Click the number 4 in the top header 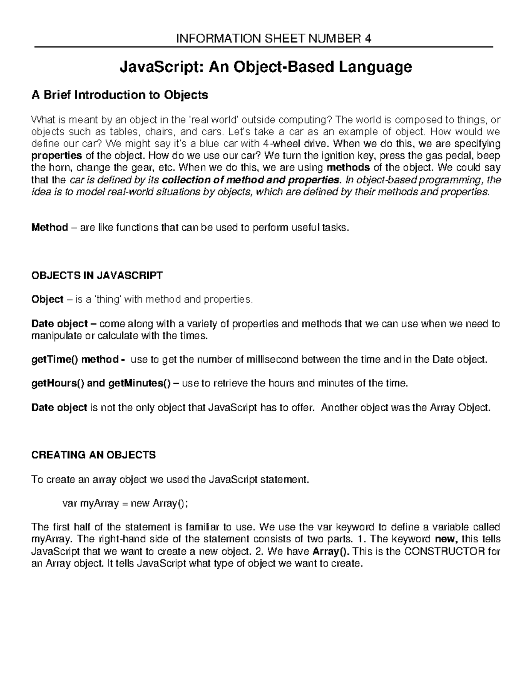368,39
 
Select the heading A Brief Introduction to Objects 119,95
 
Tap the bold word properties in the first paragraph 56,155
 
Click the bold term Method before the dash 49,228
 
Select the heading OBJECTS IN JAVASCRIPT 97,276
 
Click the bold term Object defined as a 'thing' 47,299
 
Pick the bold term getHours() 57,384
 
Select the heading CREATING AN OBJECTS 94,455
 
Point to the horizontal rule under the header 264,47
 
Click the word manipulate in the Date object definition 55,336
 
